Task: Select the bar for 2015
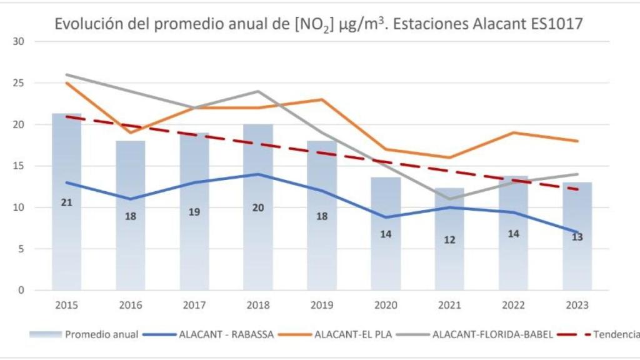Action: point(67,250)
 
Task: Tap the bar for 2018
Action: point(258,250)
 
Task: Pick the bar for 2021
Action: point(449,262)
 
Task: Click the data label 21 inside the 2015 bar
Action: point(67,202)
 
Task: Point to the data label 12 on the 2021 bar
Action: point(449,239)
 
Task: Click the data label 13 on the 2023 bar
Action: point(577,237)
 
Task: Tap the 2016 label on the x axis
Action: point(131,306)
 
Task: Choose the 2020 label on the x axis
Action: point(386,306)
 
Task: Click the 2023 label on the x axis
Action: point(577,306)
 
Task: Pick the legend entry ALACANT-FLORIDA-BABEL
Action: point(492,334)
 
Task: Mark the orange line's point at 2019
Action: point(322,99)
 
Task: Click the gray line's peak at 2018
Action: point(258,91)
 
